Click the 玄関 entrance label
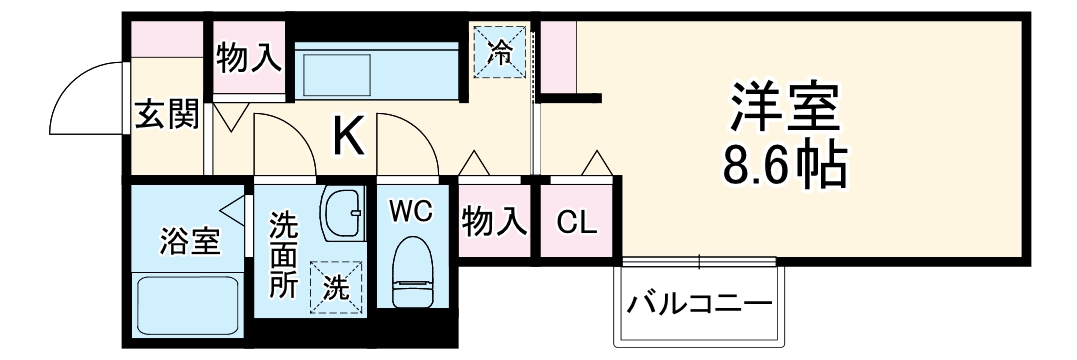[166, 114]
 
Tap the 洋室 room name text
[784, 110]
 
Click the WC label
[410, 211]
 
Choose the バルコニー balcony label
[699, 304]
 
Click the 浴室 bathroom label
[190, 240]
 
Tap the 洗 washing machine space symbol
[336, 288]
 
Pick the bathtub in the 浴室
[188, 308]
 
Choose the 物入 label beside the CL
[494, 222]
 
